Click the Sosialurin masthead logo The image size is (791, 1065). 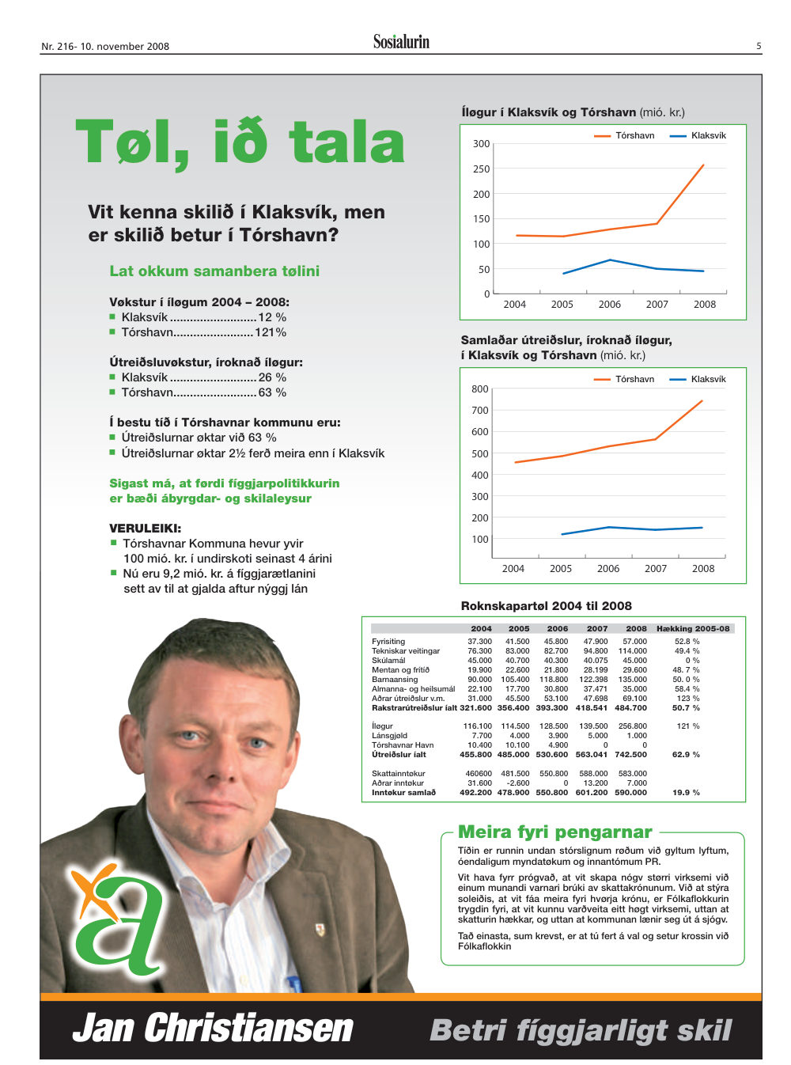point(401,41)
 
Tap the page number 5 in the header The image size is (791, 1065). point(759,46)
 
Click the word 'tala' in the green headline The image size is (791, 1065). point(346,142)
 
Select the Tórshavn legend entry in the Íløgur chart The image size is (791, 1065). point(624,135)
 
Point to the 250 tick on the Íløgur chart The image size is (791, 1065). point(482,169)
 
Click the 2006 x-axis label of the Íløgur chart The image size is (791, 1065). point(609,304)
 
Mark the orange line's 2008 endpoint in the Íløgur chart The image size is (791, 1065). point(703,165)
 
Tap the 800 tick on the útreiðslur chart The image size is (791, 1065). point(479,389)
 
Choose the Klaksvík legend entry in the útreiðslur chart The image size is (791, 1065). point(698,379)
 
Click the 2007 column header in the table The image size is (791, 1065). point(596,628)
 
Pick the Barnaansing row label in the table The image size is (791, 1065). point(395,680)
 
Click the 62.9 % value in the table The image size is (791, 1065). point(686,754)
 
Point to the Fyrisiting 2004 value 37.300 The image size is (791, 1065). point(479,642)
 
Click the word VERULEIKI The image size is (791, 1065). point(145,529)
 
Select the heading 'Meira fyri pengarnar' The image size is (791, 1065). point(554,831)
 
